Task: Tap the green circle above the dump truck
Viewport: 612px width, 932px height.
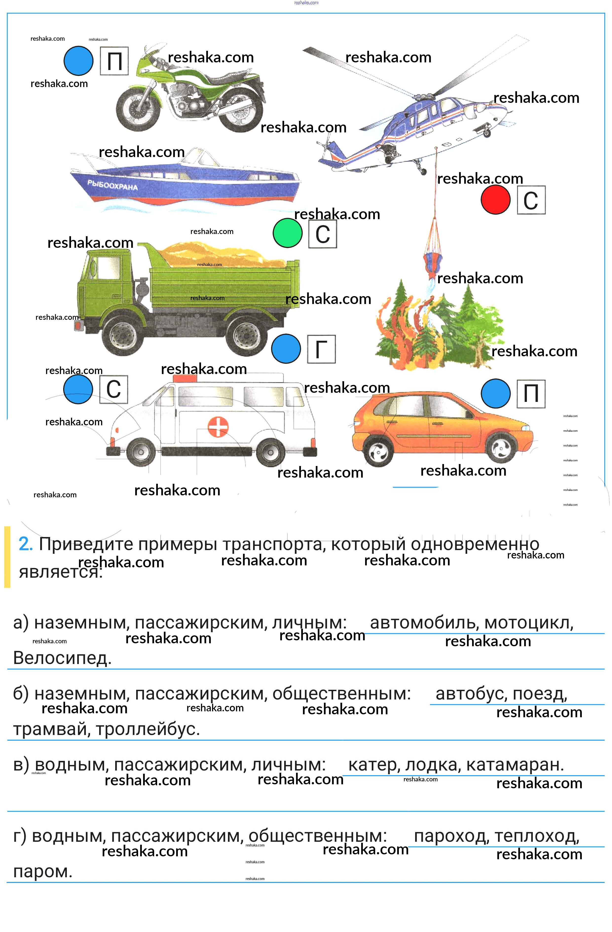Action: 288,233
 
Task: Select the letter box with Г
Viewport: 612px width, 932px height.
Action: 321,349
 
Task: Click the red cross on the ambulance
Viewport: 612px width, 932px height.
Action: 218,427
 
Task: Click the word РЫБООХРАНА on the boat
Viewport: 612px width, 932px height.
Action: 112,185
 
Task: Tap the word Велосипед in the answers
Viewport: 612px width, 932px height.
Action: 62,658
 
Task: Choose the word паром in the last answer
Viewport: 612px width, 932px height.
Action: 42,871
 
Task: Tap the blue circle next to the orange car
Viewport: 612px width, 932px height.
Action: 496,394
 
